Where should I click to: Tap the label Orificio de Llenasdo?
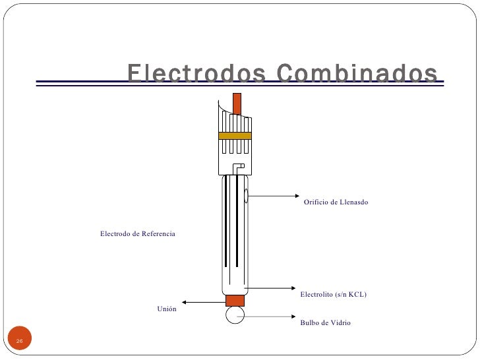336,202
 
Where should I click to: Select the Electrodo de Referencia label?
137,234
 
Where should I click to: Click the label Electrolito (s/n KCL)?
333,294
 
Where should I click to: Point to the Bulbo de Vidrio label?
325,323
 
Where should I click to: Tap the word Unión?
167,309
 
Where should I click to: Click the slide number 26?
20,341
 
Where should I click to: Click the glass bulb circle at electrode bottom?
235,315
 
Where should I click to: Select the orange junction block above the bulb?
235,301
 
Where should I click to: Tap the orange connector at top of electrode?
237,103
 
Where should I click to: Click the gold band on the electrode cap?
235,136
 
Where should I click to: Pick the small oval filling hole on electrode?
245,195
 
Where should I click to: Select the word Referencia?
158,234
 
